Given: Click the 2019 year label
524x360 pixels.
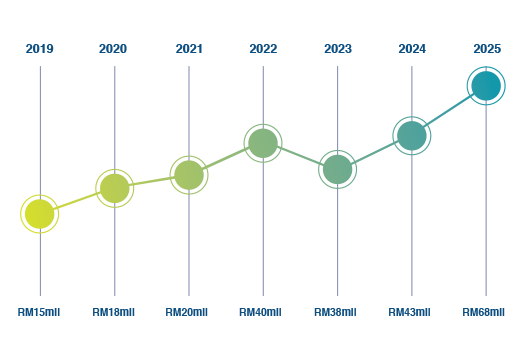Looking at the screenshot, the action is click(x=39, y=49).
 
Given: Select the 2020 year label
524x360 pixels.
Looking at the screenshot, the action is click(x=113, y=49).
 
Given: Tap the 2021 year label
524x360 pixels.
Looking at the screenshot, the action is click(x=189, y=49).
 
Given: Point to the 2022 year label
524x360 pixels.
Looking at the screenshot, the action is click(x=263, y=49).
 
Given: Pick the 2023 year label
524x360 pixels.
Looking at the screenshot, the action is click(x=338, y=49).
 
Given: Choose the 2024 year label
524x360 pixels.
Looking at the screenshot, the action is click(x=412, y=49).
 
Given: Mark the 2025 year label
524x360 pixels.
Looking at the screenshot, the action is click(x=487, y=49).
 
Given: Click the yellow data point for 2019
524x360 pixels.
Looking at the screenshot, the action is click(x=40, y=214).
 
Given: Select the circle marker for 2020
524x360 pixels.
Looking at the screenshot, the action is click(x=115, y=188).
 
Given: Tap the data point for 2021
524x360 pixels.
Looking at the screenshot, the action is click(x=189, y=175).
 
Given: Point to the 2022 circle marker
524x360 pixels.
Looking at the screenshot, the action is click(x=263, y=143).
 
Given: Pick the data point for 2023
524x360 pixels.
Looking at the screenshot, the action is click(x=338, y=169).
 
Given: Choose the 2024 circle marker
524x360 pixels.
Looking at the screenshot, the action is click(x=412, y=136).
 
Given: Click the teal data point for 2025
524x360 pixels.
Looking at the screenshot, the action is click(x=486, y=86).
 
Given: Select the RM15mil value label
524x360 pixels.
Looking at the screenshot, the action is click(x=39, y=312).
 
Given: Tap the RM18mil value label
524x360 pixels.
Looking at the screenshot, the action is click(x=114, y=312).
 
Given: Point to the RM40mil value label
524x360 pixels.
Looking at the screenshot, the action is click(x=260, y=312).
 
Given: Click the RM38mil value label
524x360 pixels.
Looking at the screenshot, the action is click(x=335, y=312).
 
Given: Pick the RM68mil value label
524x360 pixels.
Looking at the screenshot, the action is click(x=484, y=312).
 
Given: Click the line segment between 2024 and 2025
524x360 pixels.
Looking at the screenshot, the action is click(x=449, y=111).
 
